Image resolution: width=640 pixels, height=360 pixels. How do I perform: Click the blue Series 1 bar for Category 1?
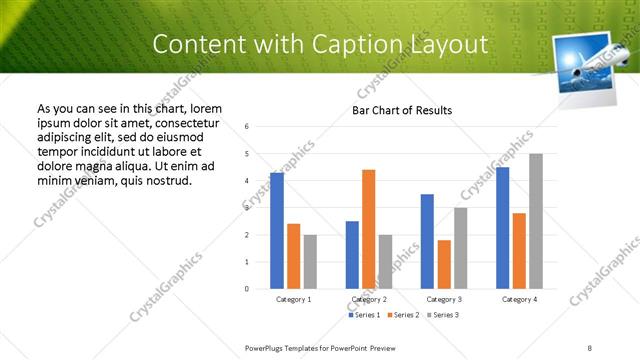coord(277,231)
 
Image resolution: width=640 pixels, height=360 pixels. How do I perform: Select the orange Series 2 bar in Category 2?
coord(368,229)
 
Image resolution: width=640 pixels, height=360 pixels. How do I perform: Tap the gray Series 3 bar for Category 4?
coord(536,221)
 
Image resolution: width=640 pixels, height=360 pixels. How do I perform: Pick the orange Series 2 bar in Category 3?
coord(444,264)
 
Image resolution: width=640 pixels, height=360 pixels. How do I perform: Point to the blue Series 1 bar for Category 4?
coord(502,228)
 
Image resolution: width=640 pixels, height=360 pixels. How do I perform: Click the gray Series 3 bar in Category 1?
coord(310,262)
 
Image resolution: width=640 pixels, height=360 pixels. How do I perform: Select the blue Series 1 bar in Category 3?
coord(427,241)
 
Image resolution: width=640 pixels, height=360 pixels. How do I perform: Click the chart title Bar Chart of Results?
coord(403,110)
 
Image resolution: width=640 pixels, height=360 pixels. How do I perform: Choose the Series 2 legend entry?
coord(403,315)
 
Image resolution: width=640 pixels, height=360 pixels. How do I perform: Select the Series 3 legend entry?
coord(441,315)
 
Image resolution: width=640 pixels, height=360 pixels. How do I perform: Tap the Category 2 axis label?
coord(369,299)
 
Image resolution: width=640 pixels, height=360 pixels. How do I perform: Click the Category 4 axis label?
coord(519,299)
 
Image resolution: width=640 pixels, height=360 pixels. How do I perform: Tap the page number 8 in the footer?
coord(590,346)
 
